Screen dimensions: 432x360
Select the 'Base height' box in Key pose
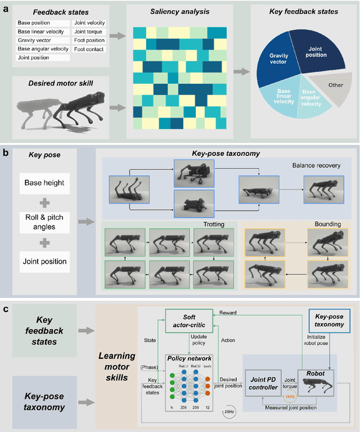click(x=44, y=182)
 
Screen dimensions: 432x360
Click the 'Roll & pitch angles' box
click(x=44, y=222)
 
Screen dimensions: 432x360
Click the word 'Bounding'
click(x=327, y=224)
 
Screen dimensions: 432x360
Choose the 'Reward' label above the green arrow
click(x=227, y=312)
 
